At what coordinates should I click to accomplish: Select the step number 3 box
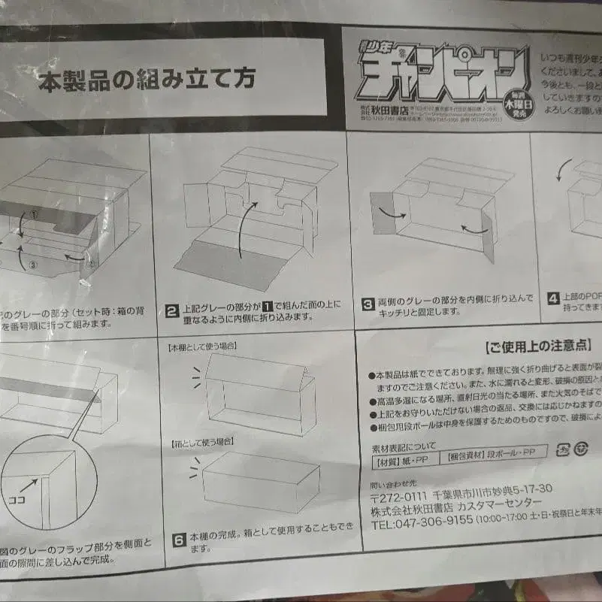pos(368,304)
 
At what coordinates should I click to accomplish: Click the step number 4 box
pos(553,298)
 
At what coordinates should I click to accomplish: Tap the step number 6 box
pos(178,539)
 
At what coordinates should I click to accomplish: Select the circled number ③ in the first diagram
pos(32,264)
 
